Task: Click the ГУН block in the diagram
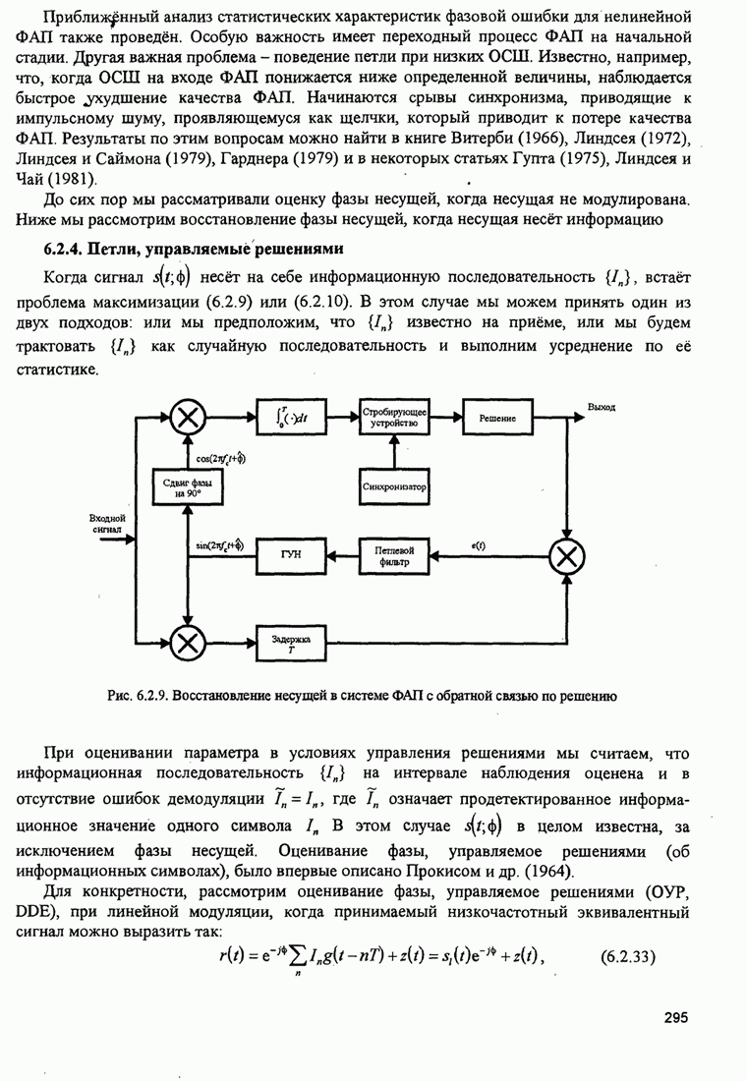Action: tap(290, 556)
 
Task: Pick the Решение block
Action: tap(497, 417)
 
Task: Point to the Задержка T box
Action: tap(290, 644)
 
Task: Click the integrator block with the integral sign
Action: tap(290, 417)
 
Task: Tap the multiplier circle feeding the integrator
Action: tap(185, 418)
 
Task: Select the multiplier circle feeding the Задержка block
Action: tap(185, 644)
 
